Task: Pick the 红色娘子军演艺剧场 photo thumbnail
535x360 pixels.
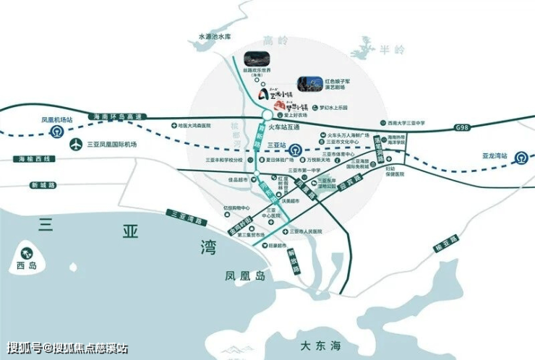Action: [307, 86]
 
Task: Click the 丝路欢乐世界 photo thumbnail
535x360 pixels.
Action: [254, 59]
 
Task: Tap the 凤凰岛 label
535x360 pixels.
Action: [239, 275]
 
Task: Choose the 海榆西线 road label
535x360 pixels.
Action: [32, 158]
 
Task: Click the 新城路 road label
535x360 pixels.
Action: [43, 185]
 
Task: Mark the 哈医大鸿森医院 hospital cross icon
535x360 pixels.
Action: [175, 125]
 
